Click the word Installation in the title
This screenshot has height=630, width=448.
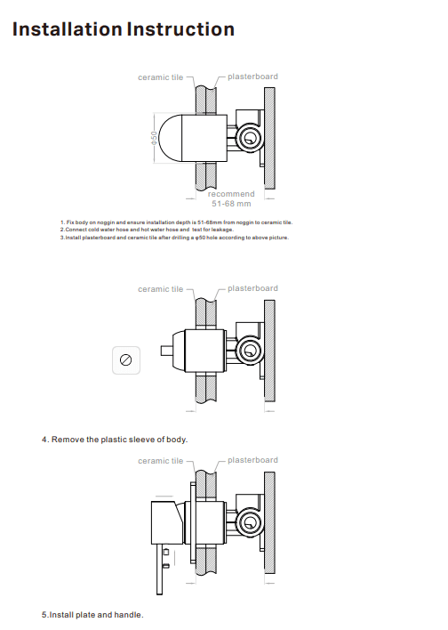tap(68, 29)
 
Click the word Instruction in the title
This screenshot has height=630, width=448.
tap(181, 29)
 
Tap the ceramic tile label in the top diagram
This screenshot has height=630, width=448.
tap(160, 77)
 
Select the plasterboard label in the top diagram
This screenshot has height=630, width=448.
tap(252, 77)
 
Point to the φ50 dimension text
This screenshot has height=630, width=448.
tap(154, 138)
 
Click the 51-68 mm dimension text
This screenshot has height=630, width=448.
tap(231, 204)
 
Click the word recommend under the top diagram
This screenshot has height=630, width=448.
tap(231, 194)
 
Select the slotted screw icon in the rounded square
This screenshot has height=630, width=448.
tap(126, 359)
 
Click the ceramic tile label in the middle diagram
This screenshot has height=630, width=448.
tap(160, 289)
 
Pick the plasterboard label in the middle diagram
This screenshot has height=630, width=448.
tap(252, 288)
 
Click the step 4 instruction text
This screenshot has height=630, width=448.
tap(115, 440)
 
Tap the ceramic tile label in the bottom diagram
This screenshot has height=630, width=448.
tap(160, 461)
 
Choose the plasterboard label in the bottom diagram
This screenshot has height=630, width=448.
tap(252, 460)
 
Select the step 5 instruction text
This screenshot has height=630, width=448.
tap(92, 615)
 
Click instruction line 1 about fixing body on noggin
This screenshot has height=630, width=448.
tap(176, 222)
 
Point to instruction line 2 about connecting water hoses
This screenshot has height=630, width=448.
tap(147, 230)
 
